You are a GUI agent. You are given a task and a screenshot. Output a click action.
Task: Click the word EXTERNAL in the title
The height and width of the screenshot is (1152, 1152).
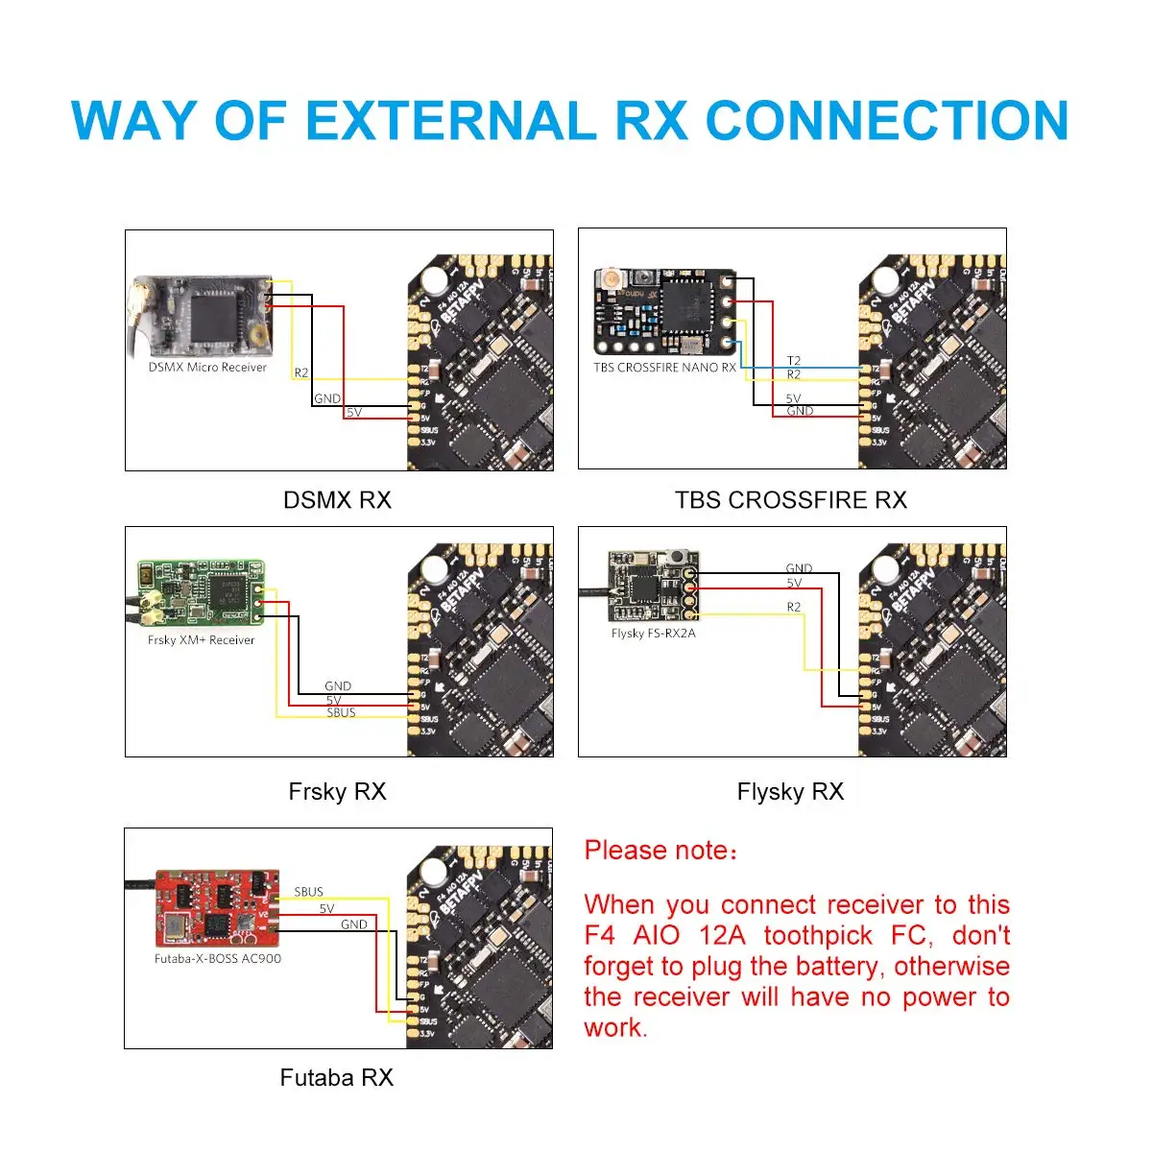tap(450, 121)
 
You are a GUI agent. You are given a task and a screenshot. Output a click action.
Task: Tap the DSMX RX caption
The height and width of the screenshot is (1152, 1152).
tap(337, 500)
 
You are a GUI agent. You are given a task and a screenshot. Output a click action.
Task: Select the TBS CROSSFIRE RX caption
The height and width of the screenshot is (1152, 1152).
tap(790, 500)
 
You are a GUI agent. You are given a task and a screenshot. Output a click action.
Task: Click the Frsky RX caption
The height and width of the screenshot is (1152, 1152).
tap(337, 792)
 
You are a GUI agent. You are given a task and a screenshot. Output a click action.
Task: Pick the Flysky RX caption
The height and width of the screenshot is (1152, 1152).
tap(790, 792)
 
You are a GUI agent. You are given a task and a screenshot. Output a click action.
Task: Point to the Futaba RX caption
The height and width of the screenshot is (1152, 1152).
tap(337, 1078)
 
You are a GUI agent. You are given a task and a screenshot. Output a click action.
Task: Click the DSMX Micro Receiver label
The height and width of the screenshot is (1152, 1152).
tap(207, 367)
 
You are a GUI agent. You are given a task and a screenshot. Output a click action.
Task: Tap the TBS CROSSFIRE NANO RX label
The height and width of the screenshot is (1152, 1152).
tap(664, 367)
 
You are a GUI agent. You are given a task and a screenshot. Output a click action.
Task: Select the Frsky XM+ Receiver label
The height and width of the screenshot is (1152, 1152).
tap(202, 639)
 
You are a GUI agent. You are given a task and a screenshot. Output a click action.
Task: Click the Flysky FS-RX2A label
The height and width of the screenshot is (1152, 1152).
tap(653, 633)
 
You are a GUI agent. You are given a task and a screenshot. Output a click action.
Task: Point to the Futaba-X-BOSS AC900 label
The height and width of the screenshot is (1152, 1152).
tap(218, 958)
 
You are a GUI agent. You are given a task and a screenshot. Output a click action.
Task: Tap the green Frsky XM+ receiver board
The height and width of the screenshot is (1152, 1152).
tap(201, 592)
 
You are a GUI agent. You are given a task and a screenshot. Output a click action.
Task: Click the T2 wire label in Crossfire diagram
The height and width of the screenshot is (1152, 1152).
tap(794, 361)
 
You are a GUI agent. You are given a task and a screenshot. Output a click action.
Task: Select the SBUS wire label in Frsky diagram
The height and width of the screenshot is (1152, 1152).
tap(341, 712)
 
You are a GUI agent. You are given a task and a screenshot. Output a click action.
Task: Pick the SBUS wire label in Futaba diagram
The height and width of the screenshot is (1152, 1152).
tap(308, 892)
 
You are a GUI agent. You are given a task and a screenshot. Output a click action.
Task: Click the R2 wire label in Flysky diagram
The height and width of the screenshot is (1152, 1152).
tap(794, 607)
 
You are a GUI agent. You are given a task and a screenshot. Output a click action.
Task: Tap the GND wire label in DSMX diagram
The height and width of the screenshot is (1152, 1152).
tap(327, 398)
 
